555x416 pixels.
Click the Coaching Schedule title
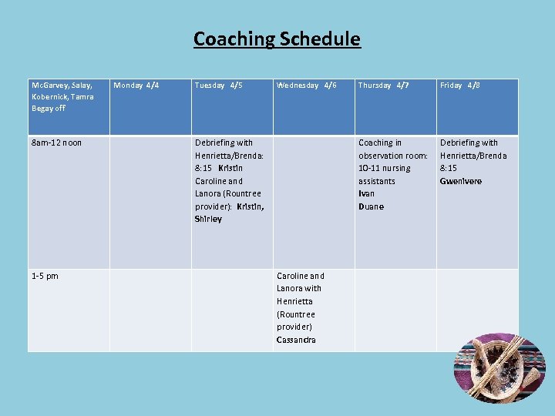[277, 39]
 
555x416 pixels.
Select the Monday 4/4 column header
[136, 86]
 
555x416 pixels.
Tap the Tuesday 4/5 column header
[218, 86]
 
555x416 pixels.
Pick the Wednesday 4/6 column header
[306, 86]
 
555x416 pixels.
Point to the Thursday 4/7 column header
[383, 86]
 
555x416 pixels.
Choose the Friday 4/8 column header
[460, 86]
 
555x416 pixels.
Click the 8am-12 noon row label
[56, 143]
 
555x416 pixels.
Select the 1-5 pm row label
[45, 276]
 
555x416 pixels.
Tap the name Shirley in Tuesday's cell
[208, 220]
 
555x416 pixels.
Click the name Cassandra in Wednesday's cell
[296, 340]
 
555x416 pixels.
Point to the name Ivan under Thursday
[366, 194]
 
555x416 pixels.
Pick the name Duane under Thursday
[371, 206]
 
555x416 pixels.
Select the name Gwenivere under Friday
[460, 181]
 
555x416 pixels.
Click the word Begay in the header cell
[42, 109]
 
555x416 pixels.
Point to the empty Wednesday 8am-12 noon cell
[314, 202]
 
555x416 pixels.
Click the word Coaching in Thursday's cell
[375, 143]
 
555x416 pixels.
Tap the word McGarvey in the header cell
[48, 86]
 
